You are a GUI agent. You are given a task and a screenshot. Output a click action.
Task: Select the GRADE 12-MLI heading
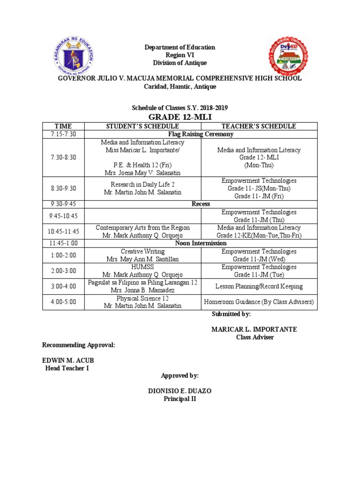[180, 117]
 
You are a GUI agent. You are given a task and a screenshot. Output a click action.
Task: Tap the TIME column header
[63, 127]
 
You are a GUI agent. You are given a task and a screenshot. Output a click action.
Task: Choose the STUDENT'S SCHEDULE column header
[142, 127]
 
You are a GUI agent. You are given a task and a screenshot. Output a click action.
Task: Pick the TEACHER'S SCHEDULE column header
[259, 127]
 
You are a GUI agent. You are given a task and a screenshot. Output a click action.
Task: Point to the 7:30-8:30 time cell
[63, 157]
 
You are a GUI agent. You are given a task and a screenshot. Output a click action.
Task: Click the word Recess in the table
[201, 204]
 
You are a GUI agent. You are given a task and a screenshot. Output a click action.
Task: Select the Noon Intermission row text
[201, 244]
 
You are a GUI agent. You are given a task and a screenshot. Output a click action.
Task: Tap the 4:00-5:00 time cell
[63, 302]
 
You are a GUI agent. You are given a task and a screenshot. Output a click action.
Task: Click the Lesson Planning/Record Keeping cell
[259, 286]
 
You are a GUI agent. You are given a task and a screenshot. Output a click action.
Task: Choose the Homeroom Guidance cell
[259, 302]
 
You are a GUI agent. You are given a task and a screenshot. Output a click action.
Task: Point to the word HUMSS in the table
[142, 267]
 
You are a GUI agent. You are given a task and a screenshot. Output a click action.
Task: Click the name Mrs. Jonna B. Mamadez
[142, 291]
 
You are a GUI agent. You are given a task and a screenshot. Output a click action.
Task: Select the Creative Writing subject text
[142, 252]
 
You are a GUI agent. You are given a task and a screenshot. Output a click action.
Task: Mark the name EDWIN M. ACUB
[65, 360]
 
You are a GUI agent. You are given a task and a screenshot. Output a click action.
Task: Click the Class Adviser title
[255, 337]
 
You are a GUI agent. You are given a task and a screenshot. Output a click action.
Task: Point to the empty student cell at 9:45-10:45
[142, 216]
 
